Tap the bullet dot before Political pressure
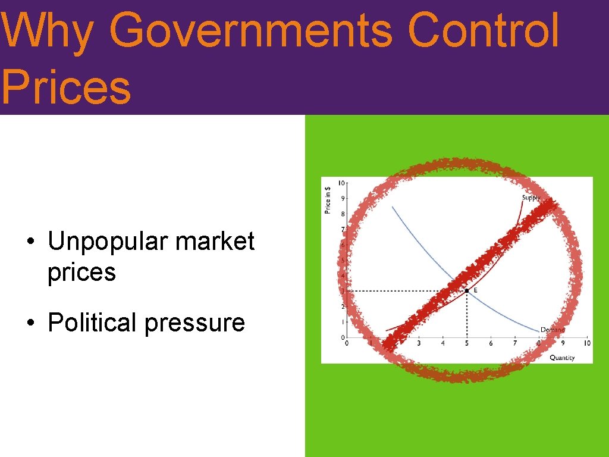click(x=29, y=324)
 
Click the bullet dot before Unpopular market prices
click(x=29, y=243)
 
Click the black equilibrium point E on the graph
click(x=467, y=290)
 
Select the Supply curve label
click(x=532, y=198)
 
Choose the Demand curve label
click(x=553, y=330)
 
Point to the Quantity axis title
click(x=562, y=358)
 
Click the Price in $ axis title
click(x=328, y=199)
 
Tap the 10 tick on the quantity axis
click(x=586, y=343)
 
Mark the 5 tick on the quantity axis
click(x=467, y=343)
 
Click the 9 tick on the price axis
click(x=342, y=198)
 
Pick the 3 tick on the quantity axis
click(x=419, y=343)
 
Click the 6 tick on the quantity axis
click(x=491, y=343)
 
